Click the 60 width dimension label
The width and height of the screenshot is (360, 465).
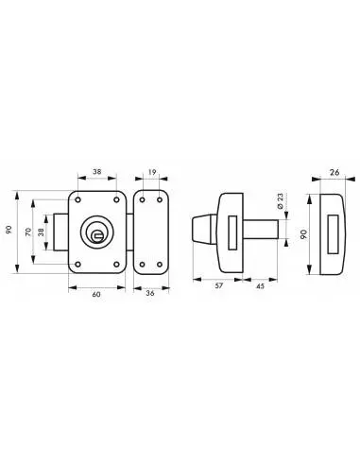point(96,295)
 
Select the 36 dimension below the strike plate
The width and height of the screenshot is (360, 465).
point(150,293)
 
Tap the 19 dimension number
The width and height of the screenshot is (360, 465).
point(152,172)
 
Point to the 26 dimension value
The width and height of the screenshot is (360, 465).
point(334,172)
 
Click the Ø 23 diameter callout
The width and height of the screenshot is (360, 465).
point(280,201)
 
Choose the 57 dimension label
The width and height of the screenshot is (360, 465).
point(219,285)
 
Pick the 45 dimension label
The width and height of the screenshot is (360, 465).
point(261,286)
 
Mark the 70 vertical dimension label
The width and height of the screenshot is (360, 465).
point(28,232)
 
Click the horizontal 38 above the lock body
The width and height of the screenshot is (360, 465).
point(97,172)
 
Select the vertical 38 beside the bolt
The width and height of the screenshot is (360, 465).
point(41,232)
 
